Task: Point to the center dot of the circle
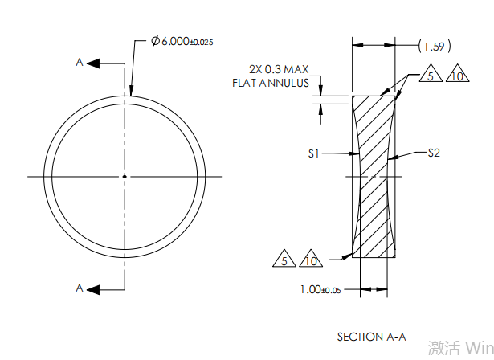pyautogui.click(x=125, y=176)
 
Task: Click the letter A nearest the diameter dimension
pyautogui.click(x=79, y=62)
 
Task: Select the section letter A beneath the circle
pyautogui.click(x=79, y=288)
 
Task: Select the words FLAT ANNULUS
pyautogui.click(x=271, y=83)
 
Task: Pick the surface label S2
pyautogui.click(x=434, y=152)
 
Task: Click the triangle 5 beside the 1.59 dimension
pyautogui.click(x=430, y=77)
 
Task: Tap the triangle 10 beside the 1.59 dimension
pyautogui.click(x=455, y=77)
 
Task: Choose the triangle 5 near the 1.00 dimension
pyautogui.click(x=284, y=260)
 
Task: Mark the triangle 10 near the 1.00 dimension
pyautogui.click(x=311, y=260)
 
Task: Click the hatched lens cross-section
pyautogui.click(x=374, y=177)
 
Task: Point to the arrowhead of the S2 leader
pyautogui.click(x=390, y=158)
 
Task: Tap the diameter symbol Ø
pyautogui.click(x=155, y=41)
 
